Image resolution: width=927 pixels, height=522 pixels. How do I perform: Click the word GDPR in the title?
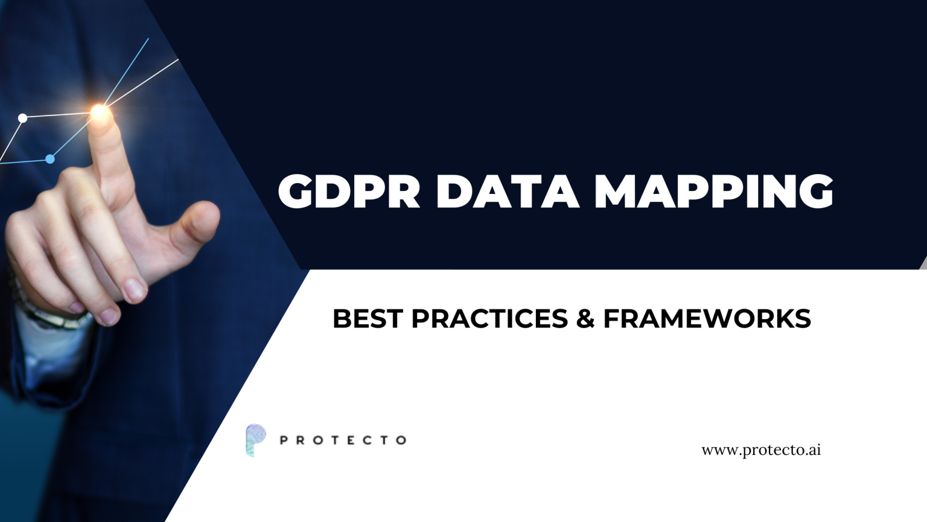(x=349, y=192)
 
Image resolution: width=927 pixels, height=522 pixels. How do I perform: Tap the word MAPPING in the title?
(x=713, y=192)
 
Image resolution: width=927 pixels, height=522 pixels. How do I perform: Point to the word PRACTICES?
(x=489, y=318)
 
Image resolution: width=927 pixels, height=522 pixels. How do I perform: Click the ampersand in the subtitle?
(x=585, y=318)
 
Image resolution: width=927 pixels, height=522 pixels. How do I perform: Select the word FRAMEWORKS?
(x=707, y=318)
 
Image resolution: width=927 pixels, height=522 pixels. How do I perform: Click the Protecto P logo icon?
(x=255, y=439)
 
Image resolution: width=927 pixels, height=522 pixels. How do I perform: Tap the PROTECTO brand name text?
(x=343, y=440)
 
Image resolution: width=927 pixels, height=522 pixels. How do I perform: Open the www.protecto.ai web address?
(x=760, y=450)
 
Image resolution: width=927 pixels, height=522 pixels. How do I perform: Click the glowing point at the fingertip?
(x=99, y=112)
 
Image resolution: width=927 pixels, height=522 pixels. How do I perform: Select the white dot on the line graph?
(x=23, y=118)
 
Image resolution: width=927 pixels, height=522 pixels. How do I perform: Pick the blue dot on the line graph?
(x=51, y=159)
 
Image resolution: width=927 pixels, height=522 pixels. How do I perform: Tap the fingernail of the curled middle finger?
(x=133, y=290)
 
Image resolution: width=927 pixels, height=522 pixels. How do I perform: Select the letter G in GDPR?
(x=299, y=192)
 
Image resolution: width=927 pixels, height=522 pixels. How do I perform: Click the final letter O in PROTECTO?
(x=401, y=440)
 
